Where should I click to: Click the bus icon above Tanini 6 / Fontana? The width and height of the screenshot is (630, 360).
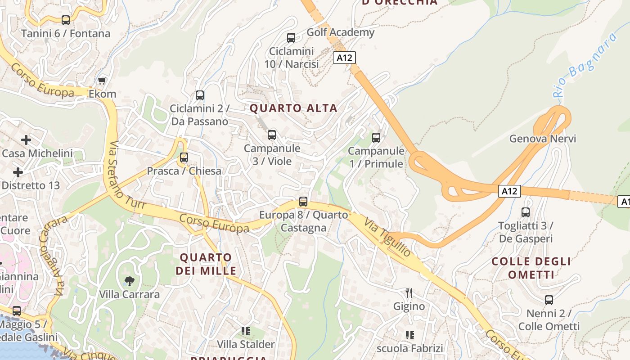(x=66, y=20)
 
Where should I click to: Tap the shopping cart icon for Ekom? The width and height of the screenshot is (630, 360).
(x=102, y=81)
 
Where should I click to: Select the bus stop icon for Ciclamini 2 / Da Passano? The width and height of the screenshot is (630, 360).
(x=200, y=95)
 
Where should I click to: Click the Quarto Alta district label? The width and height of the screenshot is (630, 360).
(x=293, y=108)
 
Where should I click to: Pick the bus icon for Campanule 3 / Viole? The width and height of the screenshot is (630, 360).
(x=272, y=135)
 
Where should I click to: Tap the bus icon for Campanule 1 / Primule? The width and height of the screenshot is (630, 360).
(x=376, y=137)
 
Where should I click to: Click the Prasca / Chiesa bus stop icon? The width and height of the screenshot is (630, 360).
(x=184, y=157)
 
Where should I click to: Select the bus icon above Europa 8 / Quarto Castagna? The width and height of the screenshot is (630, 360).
(x=303, y=201)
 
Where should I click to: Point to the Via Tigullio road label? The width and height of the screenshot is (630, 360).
(x=387, y=238)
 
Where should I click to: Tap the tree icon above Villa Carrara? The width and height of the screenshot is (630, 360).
(x=130, y=281)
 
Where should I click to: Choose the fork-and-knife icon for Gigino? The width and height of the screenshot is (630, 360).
(x=409, y=293)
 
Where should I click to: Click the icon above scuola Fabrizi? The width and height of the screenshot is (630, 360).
(x=410, y=335)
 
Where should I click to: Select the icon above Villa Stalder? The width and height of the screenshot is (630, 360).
(x=246, y=331)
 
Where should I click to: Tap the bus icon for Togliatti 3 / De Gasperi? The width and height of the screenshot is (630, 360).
(x=526, y=212)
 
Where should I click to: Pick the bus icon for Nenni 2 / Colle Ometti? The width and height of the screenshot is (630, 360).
(x=549, y=300)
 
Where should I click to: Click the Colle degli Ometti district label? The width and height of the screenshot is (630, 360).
(x=531, y=268)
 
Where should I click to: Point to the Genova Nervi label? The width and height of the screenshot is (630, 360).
(x=542, y=139)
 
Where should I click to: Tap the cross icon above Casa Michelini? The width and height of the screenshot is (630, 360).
(x=26, y=140)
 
